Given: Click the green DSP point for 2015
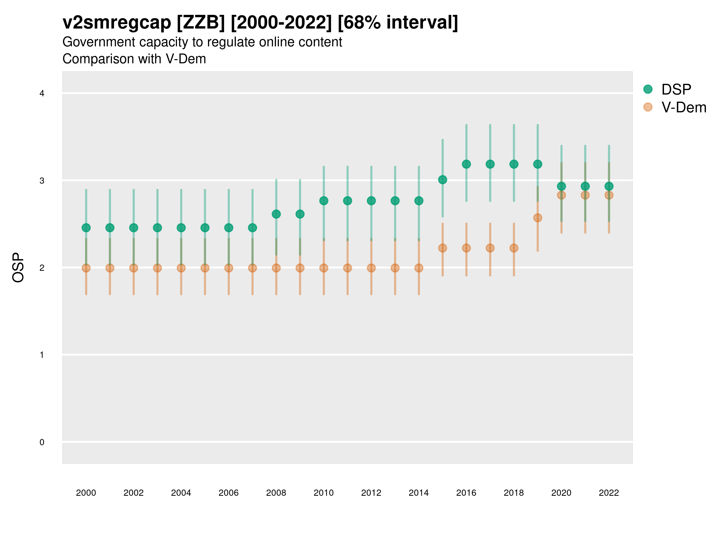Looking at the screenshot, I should point(443,180).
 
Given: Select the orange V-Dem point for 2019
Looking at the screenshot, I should point(538,218).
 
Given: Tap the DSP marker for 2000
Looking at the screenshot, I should point(86,228).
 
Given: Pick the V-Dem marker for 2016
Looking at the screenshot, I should point(466,248).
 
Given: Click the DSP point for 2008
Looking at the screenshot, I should point(276,214).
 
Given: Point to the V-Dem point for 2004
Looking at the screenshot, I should point(181,268).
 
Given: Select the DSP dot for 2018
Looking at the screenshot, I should point(514,164).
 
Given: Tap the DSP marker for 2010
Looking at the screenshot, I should point(324,201).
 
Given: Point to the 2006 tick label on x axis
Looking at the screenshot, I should point(228,493).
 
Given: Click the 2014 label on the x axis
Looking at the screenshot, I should point(419,493).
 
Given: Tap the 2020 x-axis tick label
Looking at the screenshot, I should point(561,493).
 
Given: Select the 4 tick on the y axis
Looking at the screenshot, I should point(42,94).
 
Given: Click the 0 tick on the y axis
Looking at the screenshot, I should point(42,442).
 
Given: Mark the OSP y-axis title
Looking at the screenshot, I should point(18,268).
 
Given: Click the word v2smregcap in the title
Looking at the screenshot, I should point(117,23).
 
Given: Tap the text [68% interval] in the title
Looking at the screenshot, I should point(398,23).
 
